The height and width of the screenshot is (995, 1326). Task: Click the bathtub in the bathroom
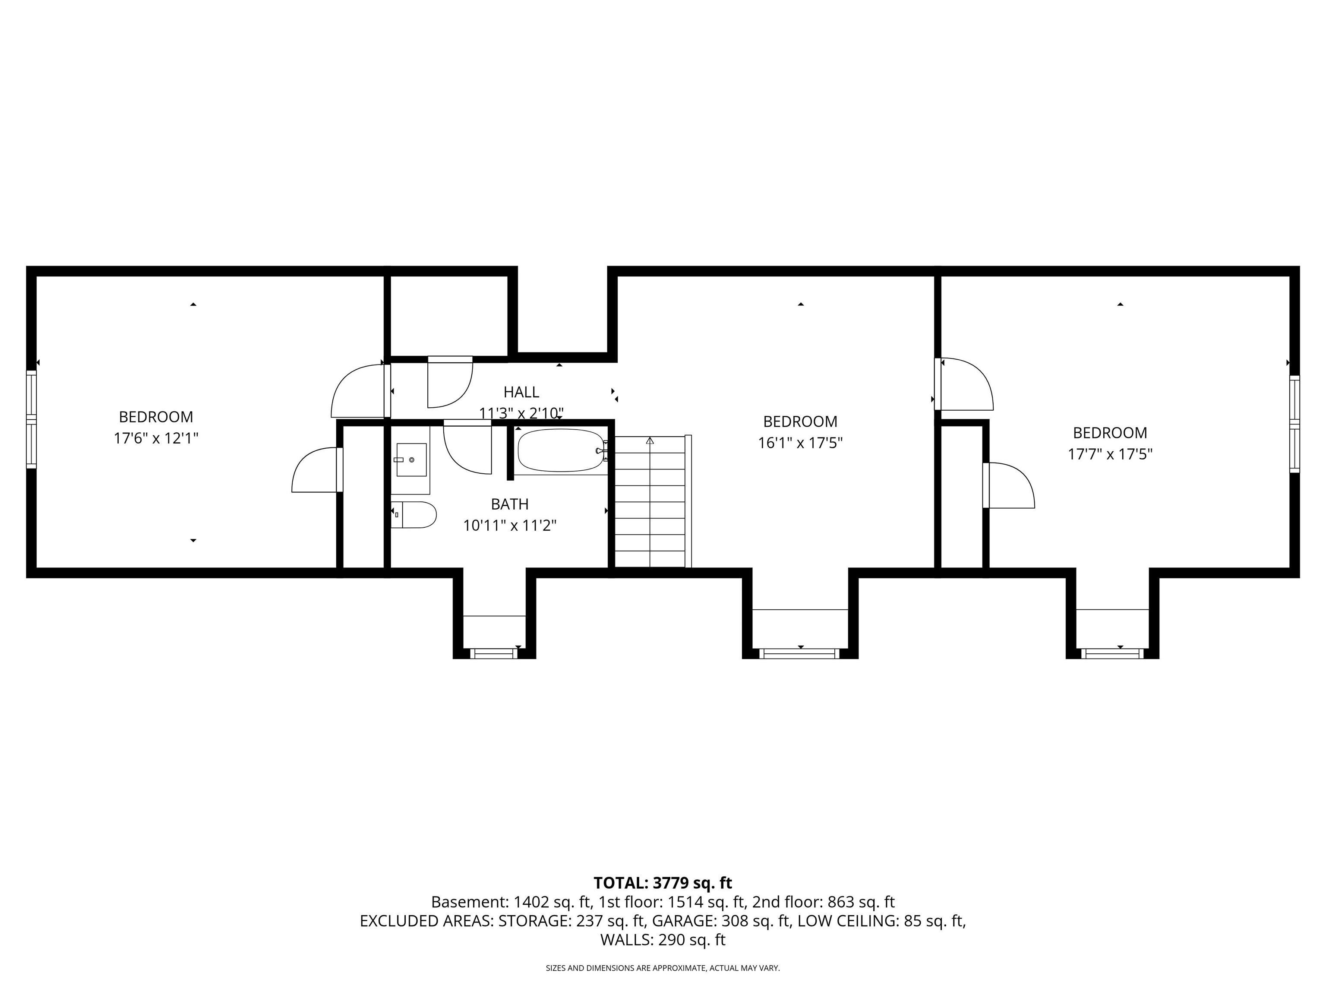coord(561,450)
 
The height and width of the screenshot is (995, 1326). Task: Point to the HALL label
coord(521,392)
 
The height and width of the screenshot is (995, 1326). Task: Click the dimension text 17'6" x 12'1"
coord(156,438)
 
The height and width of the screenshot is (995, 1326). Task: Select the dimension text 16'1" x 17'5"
coord(800,443)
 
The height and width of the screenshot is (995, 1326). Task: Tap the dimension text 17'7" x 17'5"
coord(1110,454)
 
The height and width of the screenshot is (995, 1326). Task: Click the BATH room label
coord(509,504)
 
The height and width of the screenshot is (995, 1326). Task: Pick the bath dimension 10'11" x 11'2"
coord(509,526)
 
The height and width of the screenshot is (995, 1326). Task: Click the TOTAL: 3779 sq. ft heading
coord(663,883)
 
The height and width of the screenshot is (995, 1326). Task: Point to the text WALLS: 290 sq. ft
coord(663,940)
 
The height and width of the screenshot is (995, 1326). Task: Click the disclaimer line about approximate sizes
coord(663,968)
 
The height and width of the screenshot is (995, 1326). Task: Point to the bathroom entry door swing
coord(467,450)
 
